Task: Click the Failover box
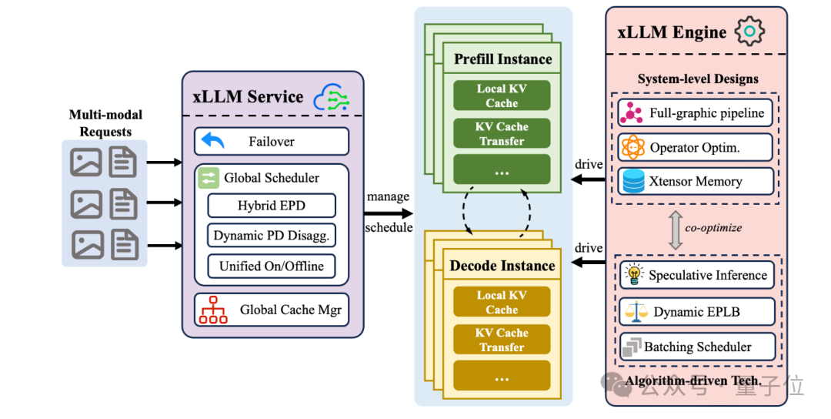tap(271, 142)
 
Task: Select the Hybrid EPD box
tap(271, 206)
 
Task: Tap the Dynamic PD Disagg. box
tap(271, 236)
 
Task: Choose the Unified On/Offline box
tap(271, 266)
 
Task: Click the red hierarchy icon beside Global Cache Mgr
tap(213, 310)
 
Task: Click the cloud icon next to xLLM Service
tap(332, 98)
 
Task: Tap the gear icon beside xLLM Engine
tap(749, 32)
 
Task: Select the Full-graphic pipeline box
tap(695, 113)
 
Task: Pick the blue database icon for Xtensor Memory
tap(632, 181)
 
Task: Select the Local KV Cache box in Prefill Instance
tap(502, 96)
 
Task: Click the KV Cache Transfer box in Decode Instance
tap(502, 340)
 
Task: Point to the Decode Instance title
tap(502, 266)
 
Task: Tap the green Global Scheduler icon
tap(209, 178)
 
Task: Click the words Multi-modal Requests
tap(105, 123)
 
